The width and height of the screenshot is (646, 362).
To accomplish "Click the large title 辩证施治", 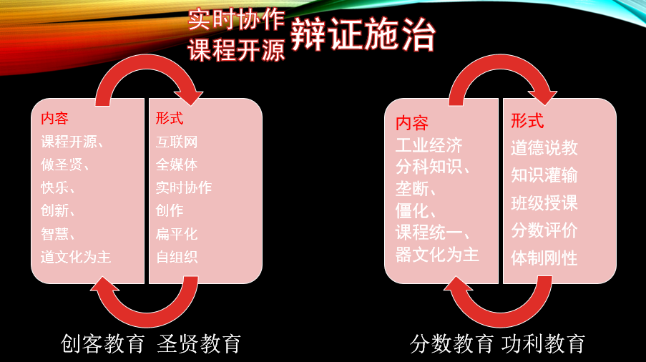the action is [363, 35].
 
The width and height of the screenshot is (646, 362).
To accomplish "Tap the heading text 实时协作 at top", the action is [237, 20].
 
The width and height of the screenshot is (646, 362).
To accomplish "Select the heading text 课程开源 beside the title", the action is [237, 50].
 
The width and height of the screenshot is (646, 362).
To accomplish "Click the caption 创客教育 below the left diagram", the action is [102, 343].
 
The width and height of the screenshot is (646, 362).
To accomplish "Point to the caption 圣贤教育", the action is [199, 343].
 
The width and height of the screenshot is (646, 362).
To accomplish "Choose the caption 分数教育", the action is [451, 343].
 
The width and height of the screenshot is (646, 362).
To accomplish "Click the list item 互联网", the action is [177, 142].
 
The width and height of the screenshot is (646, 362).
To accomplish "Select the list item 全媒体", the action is [177, 165].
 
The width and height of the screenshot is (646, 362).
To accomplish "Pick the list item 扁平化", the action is [177, 234].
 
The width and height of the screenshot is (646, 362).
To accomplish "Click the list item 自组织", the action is [177, 257].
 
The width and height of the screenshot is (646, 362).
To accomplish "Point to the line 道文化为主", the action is [76, 257].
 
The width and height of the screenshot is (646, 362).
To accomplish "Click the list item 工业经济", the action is [429, 145].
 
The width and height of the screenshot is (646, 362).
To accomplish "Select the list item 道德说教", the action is [544, 148].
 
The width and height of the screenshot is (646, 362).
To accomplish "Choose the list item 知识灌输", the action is [544, 175].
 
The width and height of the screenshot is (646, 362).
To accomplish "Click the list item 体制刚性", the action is [544, 258].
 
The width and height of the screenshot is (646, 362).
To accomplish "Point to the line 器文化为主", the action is [437, 255].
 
